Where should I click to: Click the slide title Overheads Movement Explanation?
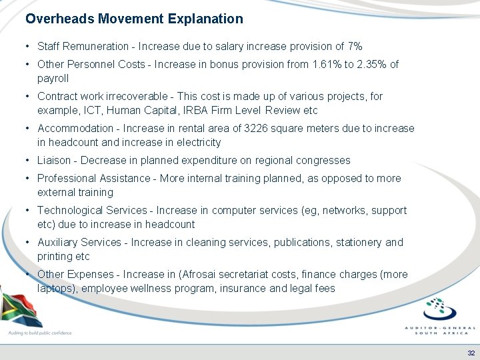point(134,19)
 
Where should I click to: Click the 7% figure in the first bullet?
point(355,46)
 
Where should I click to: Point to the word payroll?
point(53,79)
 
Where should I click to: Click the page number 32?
point(471,353)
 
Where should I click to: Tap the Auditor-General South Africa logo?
point(440,317)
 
